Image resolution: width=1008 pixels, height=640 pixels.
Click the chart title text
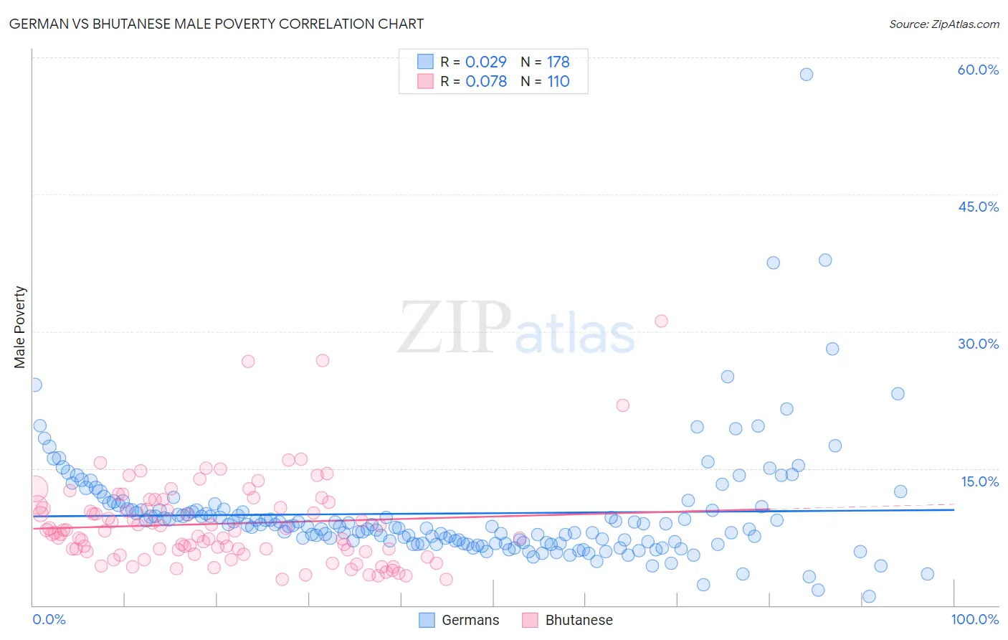click(216, 24)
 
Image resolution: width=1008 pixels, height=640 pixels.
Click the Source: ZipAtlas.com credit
click(943, 24)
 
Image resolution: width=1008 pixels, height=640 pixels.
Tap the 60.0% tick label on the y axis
click(978, 70)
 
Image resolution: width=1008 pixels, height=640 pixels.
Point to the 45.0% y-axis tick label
click(978, 207)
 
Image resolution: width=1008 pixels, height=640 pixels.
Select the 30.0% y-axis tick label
click(978, 344)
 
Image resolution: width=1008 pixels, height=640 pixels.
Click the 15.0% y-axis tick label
click(979, 481)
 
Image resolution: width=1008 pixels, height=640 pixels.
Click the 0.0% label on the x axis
click(49, 619)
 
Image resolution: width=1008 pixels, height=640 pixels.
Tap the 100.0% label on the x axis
click(974, 619)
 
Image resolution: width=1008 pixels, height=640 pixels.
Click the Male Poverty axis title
click(20, 327)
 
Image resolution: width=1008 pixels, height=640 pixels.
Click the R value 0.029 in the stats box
click(485, 62)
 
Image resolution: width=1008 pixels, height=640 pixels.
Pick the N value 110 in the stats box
click(558, 81)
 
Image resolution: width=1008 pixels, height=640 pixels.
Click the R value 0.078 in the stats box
click(485, 81)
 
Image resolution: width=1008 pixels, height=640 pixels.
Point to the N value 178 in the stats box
click(558, 62)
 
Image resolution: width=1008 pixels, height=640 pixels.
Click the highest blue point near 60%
click(807, 75)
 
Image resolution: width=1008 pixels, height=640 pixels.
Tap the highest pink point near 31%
click(661, 321)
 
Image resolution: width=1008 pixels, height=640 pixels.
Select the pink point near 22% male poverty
click(623, 405)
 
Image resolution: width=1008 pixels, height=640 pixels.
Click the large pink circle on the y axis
click(35, 489)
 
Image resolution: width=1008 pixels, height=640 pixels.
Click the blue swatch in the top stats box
click(425, 62)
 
